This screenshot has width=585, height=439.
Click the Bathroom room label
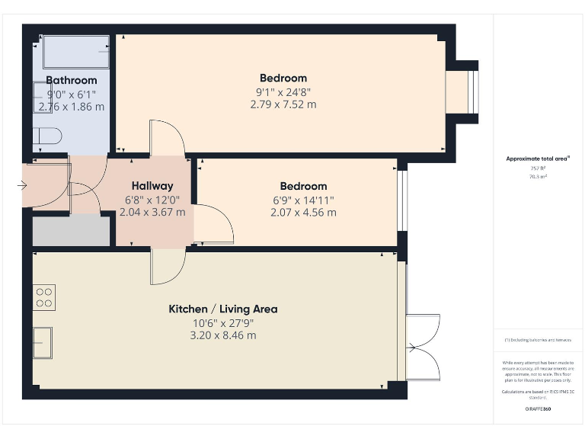pyautogui.click(x=72, y=80)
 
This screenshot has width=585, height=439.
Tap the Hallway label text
pyautogui.click(x=152, y=185)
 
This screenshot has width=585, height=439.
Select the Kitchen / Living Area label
pyautogui.click(x=222, y=309)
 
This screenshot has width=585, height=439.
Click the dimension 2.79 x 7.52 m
pyautogui.click(x=283, y=104)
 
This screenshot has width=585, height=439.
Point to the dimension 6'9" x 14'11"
pyautogui.click(x=303, y=200)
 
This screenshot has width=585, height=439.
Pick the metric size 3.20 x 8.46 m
pyautogui.click(x=222, y=335)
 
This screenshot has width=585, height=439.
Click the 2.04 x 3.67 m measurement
pyautogui.click(x=152, y=213)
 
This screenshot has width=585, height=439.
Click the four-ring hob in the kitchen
pyautogui.click(x=44, y=296)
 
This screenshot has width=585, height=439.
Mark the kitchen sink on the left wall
pyautogui.click(x=43, y=342)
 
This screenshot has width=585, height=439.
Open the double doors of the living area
pyautogui.click(x=423, y=348)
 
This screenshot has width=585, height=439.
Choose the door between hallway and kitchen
pyautogui.click(x=168, y=265)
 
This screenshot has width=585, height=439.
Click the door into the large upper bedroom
pyautogui.click(x=167, y=138)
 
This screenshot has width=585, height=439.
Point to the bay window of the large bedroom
pyautogui.click(x=464, y=92)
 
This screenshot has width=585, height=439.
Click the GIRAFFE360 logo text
pyautogui.click(x=538, y=409)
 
